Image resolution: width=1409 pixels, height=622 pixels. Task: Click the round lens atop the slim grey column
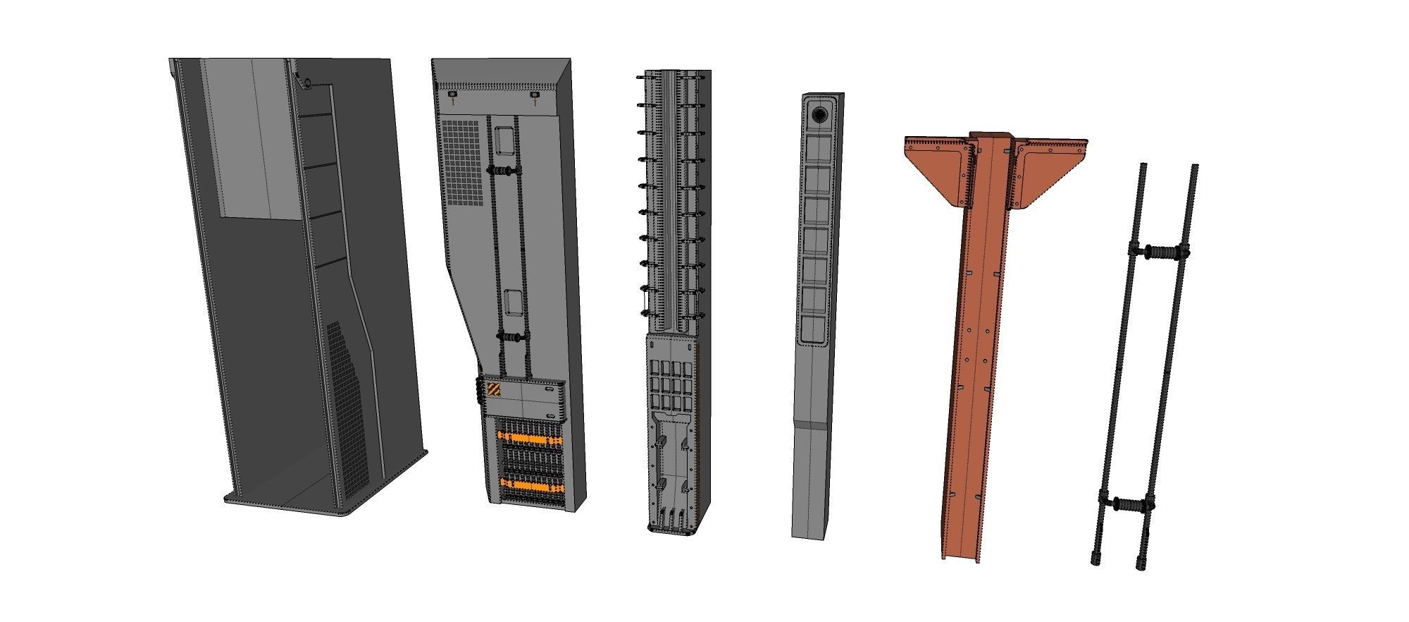[x=819, y=114]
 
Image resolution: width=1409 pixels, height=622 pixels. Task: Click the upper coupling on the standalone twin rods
[x=1159, y=251]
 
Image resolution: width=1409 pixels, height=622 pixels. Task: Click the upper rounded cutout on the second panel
[x=504, y=141]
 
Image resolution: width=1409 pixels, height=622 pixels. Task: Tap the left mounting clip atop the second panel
[x=452, y=94]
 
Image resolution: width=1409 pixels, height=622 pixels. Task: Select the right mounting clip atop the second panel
[x=535, y=94]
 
